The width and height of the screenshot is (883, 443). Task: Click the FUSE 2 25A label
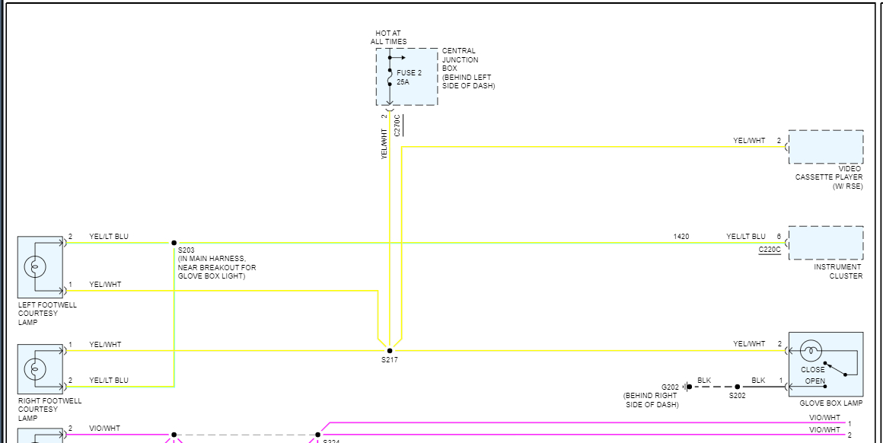[409, 77]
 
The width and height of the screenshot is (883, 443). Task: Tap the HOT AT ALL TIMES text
[388, 37]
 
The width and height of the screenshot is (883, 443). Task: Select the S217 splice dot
[390, 351]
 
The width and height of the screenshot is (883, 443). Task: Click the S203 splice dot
[174, 243]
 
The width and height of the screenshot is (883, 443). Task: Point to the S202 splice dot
[737, 387]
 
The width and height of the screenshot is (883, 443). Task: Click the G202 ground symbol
[688, 387]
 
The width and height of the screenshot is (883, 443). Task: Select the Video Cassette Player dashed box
[826, 147]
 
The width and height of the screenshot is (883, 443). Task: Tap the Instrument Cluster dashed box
[826, 243]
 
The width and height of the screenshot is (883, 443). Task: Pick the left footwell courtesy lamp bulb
[35, 266]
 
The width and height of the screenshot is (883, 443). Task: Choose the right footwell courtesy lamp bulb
[35, 369]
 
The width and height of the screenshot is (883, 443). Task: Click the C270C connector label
[397, 125]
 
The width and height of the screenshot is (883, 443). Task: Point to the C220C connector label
[770, 250]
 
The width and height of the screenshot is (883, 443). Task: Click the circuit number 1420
[681, 237]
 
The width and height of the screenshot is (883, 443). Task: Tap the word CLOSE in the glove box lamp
[812, 370]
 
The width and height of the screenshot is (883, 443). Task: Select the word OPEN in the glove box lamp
[814, 381]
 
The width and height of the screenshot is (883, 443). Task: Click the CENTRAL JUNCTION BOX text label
[461, 60]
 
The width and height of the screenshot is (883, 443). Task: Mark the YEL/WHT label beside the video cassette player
[749, 141]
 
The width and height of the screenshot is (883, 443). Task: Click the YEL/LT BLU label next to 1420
[746, 237]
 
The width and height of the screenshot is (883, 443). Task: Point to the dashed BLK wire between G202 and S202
[712, 387]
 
